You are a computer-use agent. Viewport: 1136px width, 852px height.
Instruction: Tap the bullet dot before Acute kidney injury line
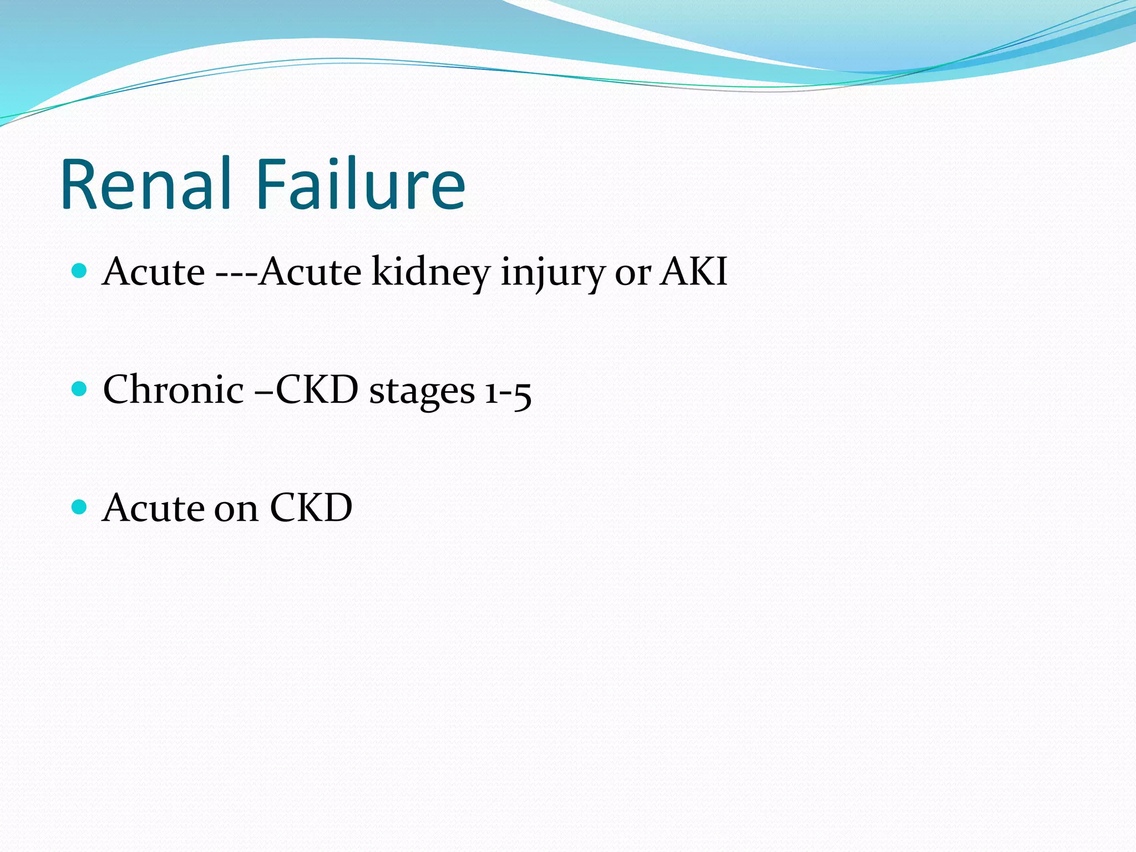point(80,271)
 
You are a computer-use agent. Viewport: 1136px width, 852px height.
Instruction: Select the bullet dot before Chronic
point(80,389)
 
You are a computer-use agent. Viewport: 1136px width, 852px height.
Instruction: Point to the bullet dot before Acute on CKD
point(80,507)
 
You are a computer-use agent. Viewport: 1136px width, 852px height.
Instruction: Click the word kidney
point(430,273)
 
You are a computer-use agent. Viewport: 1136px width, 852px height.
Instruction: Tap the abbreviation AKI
point(693,272)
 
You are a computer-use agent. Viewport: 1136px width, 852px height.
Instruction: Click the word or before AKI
point(632,275)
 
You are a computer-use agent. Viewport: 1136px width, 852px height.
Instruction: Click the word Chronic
point(173,390)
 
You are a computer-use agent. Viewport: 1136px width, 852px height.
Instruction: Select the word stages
point(422,392)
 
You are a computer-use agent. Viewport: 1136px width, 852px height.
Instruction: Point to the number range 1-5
point(508,392)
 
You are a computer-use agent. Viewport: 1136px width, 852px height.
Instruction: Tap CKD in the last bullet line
point(311,508)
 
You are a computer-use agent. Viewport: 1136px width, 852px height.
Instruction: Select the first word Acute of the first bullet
point(154,272)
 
